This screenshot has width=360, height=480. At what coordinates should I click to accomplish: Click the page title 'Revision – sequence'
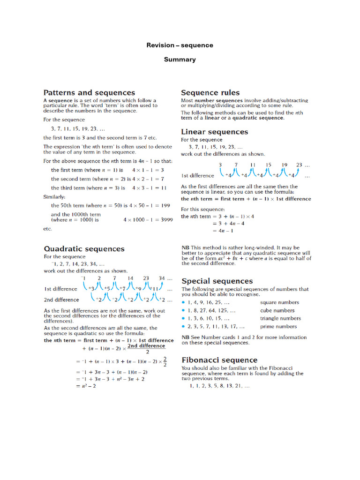coord(180,45)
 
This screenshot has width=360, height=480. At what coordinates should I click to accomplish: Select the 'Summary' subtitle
coord(180,60)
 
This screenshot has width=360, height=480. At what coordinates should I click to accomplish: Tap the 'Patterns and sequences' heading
coord(89,93)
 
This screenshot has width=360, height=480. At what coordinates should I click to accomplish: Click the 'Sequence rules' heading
coord(210,93)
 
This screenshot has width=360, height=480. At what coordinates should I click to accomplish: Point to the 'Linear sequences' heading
coord(214,132)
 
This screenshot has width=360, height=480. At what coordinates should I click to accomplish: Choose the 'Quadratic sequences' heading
coord(84,249)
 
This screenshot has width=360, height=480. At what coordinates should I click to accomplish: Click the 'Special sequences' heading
coord(217,281)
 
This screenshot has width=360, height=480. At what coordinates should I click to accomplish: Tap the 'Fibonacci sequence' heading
coord(219,360)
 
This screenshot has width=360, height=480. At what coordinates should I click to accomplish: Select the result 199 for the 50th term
coord(165,206)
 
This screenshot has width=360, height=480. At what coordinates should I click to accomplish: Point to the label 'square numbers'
coord(279,302)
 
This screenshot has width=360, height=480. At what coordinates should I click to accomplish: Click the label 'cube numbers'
coord(277,310)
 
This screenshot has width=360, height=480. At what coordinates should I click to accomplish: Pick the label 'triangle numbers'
coord(280,318)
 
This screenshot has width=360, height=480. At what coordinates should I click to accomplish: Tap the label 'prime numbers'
coord(278,326)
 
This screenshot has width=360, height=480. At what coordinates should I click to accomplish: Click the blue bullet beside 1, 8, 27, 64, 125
coord(183,310)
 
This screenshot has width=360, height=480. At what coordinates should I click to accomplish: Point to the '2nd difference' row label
coord(61,300)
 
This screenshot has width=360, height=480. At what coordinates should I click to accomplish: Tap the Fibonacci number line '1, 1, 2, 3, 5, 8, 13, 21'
coord(219,386)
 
